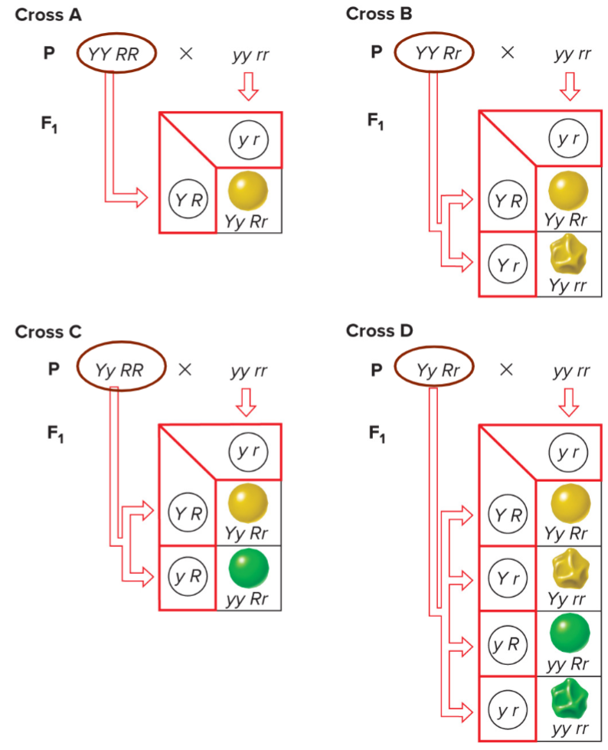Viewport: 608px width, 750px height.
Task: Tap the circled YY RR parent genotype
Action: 117,53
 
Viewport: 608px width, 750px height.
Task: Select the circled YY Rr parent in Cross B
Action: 435,53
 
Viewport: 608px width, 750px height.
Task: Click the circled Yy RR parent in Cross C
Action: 122,369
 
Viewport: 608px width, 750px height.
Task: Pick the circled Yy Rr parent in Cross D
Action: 438,369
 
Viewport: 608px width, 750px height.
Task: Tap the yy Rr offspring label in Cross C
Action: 247,599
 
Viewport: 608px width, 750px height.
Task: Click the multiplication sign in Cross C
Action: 185,369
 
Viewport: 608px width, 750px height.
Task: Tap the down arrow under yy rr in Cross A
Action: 248,86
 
